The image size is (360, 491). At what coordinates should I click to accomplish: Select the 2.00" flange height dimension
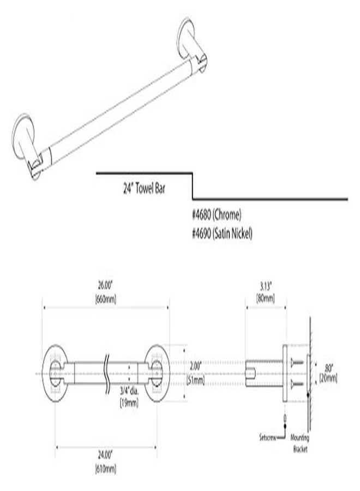click(x=180, y=367)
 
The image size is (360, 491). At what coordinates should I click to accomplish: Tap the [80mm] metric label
click(x=265, y=298)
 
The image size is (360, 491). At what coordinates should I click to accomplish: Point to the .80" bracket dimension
click(x=327, y=367)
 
